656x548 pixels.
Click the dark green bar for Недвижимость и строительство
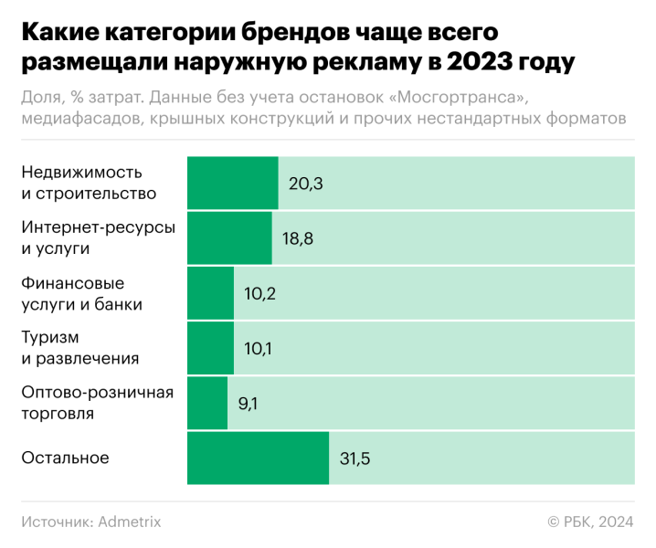[x=232, y=183]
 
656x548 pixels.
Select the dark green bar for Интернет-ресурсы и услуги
[x=229, y=237]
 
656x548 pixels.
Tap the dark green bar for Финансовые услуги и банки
[x=210, y=292]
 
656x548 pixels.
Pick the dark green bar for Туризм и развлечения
[x=210, y=347]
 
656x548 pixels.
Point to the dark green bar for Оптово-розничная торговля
[x=207, y=403]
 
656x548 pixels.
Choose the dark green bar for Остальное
[x=258, y=458]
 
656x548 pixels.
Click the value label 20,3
[x=306, y=184]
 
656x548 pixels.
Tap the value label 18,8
[x=300, y=238]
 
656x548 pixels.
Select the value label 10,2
[x=261, y=293]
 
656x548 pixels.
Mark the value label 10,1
[x=260, y=348]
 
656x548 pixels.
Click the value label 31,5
[x=354, y=458]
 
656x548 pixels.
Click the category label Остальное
[x=65, y=458]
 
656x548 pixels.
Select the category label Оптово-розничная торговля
[x=97, y=403]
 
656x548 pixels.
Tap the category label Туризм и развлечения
[x=80, y=348]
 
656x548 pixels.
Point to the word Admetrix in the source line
[x=129, y=522]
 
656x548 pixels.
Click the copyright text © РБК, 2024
[x=590, y=522]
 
